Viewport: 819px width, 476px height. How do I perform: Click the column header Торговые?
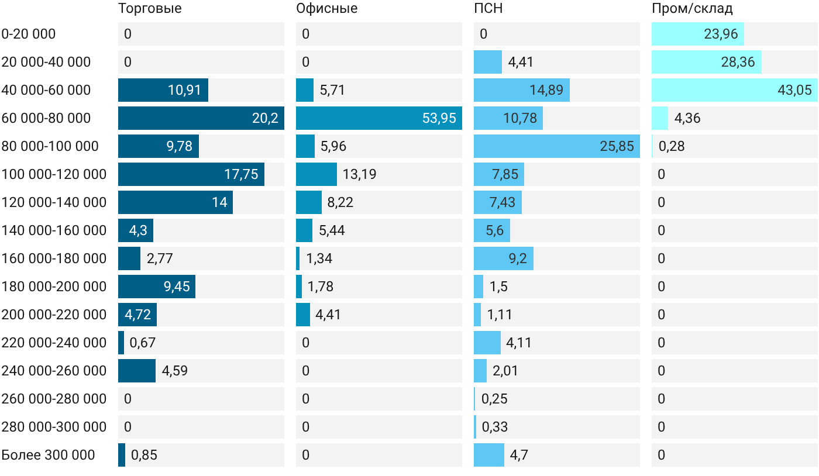(x=150, y=9)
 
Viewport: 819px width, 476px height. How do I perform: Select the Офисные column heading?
(x=327, y=9)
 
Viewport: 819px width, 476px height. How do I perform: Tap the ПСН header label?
(x=488, y=8)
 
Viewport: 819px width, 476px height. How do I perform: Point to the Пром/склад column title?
(x=692, y=9)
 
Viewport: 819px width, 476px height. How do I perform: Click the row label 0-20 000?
(x=29, y=34)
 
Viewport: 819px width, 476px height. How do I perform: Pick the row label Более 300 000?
(x=48, y=455)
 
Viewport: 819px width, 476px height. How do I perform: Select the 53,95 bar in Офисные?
(x=379, y=118)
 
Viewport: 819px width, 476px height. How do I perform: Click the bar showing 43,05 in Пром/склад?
(x=735, y=90)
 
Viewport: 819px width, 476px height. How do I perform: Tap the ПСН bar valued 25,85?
(x=557, y=146)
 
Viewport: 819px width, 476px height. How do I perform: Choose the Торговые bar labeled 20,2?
(x=201, y=118)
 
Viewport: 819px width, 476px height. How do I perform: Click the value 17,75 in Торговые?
(x=241, y=174)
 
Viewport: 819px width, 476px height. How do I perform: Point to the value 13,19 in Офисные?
(x=359, y=174)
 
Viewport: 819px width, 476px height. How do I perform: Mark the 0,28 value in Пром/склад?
(x=672, y=146)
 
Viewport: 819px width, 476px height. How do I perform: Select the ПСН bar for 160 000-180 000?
(x=504, y=258)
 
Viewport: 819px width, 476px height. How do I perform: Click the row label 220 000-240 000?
(x=54, y=343)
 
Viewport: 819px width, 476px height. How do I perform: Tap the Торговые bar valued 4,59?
(x=137, y=371)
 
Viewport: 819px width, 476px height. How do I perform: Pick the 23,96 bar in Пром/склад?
(x=698, y=34)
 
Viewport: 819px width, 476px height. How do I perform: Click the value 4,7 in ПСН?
(x=519, y=455)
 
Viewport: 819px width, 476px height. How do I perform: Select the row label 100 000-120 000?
(x=54, y=174)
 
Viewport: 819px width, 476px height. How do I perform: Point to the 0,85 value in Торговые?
(x=144, y=455)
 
